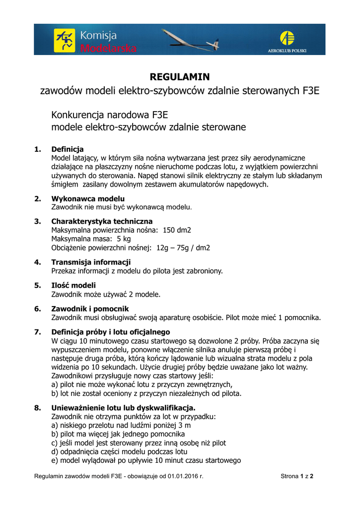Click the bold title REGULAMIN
coord(180,77)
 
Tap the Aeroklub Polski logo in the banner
coord(287,39)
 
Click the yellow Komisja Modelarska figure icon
coord(65,39)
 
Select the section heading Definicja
coord(68,149)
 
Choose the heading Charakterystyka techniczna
coord(102,221)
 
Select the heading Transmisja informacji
coord(91,262)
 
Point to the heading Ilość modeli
coord(73,285)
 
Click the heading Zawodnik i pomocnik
coord(90,309)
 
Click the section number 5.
coord(37,285)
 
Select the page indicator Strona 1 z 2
coord(297,477)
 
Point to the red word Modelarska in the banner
coord(108,48)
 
